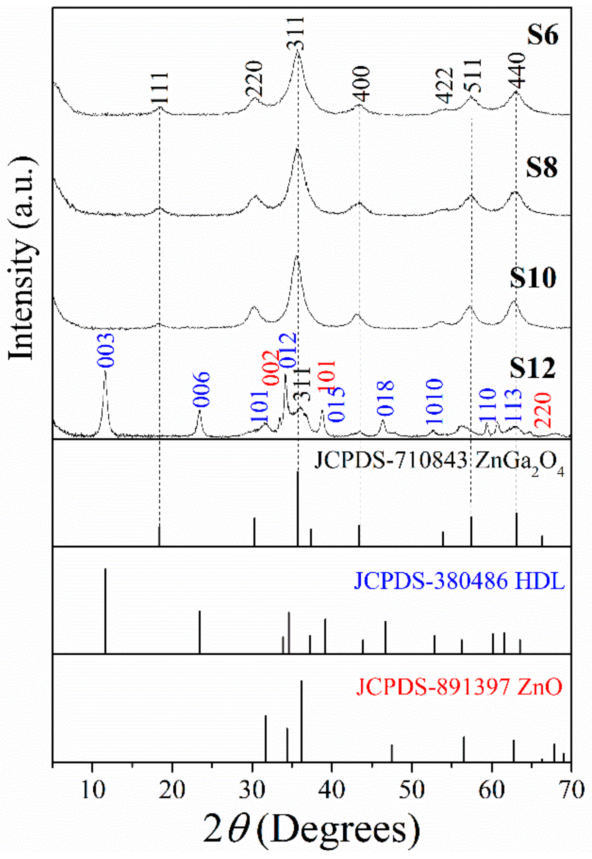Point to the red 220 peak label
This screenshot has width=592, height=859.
click(x=545, y=410)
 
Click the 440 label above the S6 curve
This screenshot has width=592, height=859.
click(x=517, y=71)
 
